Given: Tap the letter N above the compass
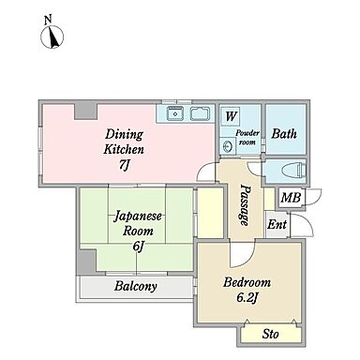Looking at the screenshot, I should pos(47,19).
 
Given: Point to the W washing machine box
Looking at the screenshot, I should pos(231,116).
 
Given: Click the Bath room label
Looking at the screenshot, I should pos(284,134).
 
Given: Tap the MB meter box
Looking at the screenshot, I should pos(290,199).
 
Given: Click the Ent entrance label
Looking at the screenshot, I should pos(277,225).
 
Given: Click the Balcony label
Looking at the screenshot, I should pos(136,287).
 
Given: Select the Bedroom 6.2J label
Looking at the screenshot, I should pos(247,289).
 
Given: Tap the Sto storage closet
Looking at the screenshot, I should pos(270,333).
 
